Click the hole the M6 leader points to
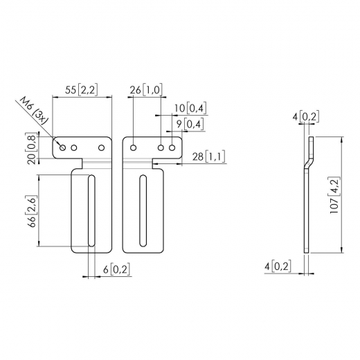(64, 147)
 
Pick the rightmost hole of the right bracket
(172, 147)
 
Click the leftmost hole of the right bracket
(132, 147)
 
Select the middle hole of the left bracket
(74, 147)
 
